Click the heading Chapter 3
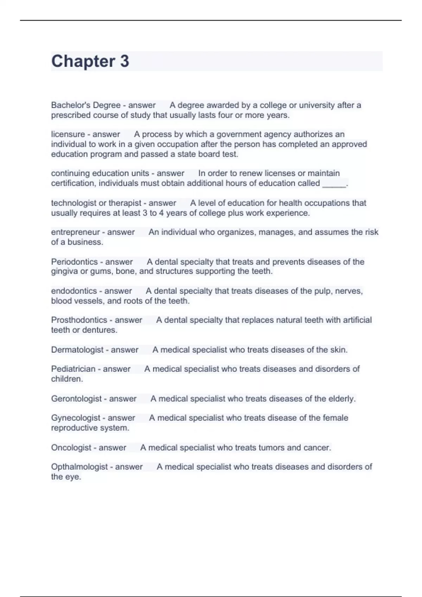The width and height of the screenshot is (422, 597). tap(90, 61)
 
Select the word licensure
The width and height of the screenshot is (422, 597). tap(68, 134)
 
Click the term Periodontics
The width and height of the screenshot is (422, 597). tap(74, 262)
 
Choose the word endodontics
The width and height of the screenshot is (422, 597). tap(74, 291)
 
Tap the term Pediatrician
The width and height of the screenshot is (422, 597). tap(73, 369)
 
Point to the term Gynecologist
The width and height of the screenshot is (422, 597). tap(76, 418)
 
